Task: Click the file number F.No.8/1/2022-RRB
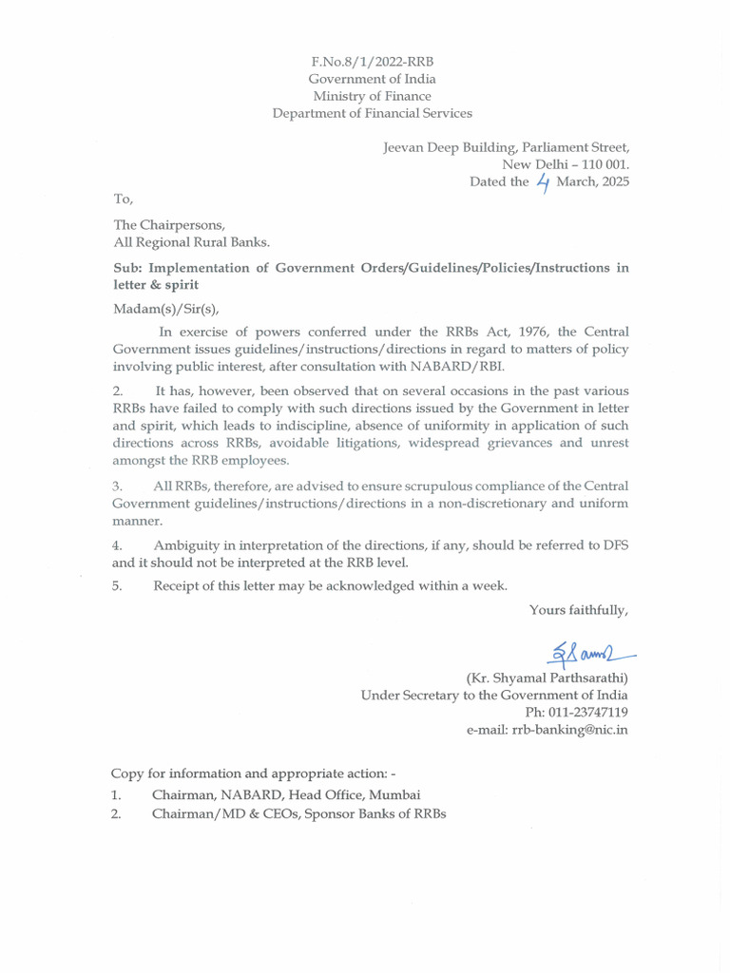[372, 62]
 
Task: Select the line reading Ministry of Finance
[372, 96]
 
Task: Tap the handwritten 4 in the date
[543, 181]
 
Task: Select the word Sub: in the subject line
[128, 268]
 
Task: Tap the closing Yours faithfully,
[579, 610]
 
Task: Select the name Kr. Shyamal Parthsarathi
[547, 678]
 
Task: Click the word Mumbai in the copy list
[394, 794]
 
